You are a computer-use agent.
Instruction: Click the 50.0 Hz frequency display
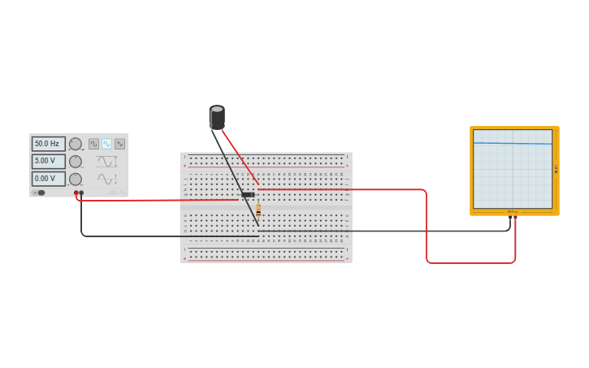coord(48,144)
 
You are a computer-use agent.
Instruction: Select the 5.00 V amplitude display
coord(48,161)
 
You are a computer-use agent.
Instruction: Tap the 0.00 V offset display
coord(48,179)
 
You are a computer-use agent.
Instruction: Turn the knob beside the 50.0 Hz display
coord(76,144)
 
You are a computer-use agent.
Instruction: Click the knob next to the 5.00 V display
coord(76,161)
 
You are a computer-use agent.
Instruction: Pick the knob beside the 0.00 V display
coord(76,179)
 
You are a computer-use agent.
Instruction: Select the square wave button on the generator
coord(93,144)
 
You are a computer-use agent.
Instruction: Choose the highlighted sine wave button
coord(106,144)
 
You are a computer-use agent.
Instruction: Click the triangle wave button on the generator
coord(119,144)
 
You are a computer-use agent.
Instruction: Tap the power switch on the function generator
coord(39,193)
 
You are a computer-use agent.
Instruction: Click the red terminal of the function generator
coord(76,193)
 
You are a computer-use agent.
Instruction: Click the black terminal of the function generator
coord(81,193)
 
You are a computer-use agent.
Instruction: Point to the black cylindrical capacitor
coord(217,118)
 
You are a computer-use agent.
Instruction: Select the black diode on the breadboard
coord(248,195)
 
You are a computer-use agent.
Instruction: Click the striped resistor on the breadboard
coord(258,210)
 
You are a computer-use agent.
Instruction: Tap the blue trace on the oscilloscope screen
coord(512,144)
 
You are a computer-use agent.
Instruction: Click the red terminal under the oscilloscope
coord(515,217)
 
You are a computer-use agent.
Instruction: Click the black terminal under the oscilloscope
coord(510,217)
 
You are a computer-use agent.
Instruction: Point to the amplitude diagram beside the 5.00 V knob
coord(106,161)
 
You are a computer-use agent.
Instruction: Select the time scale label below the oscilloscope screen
coord(513,211)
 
